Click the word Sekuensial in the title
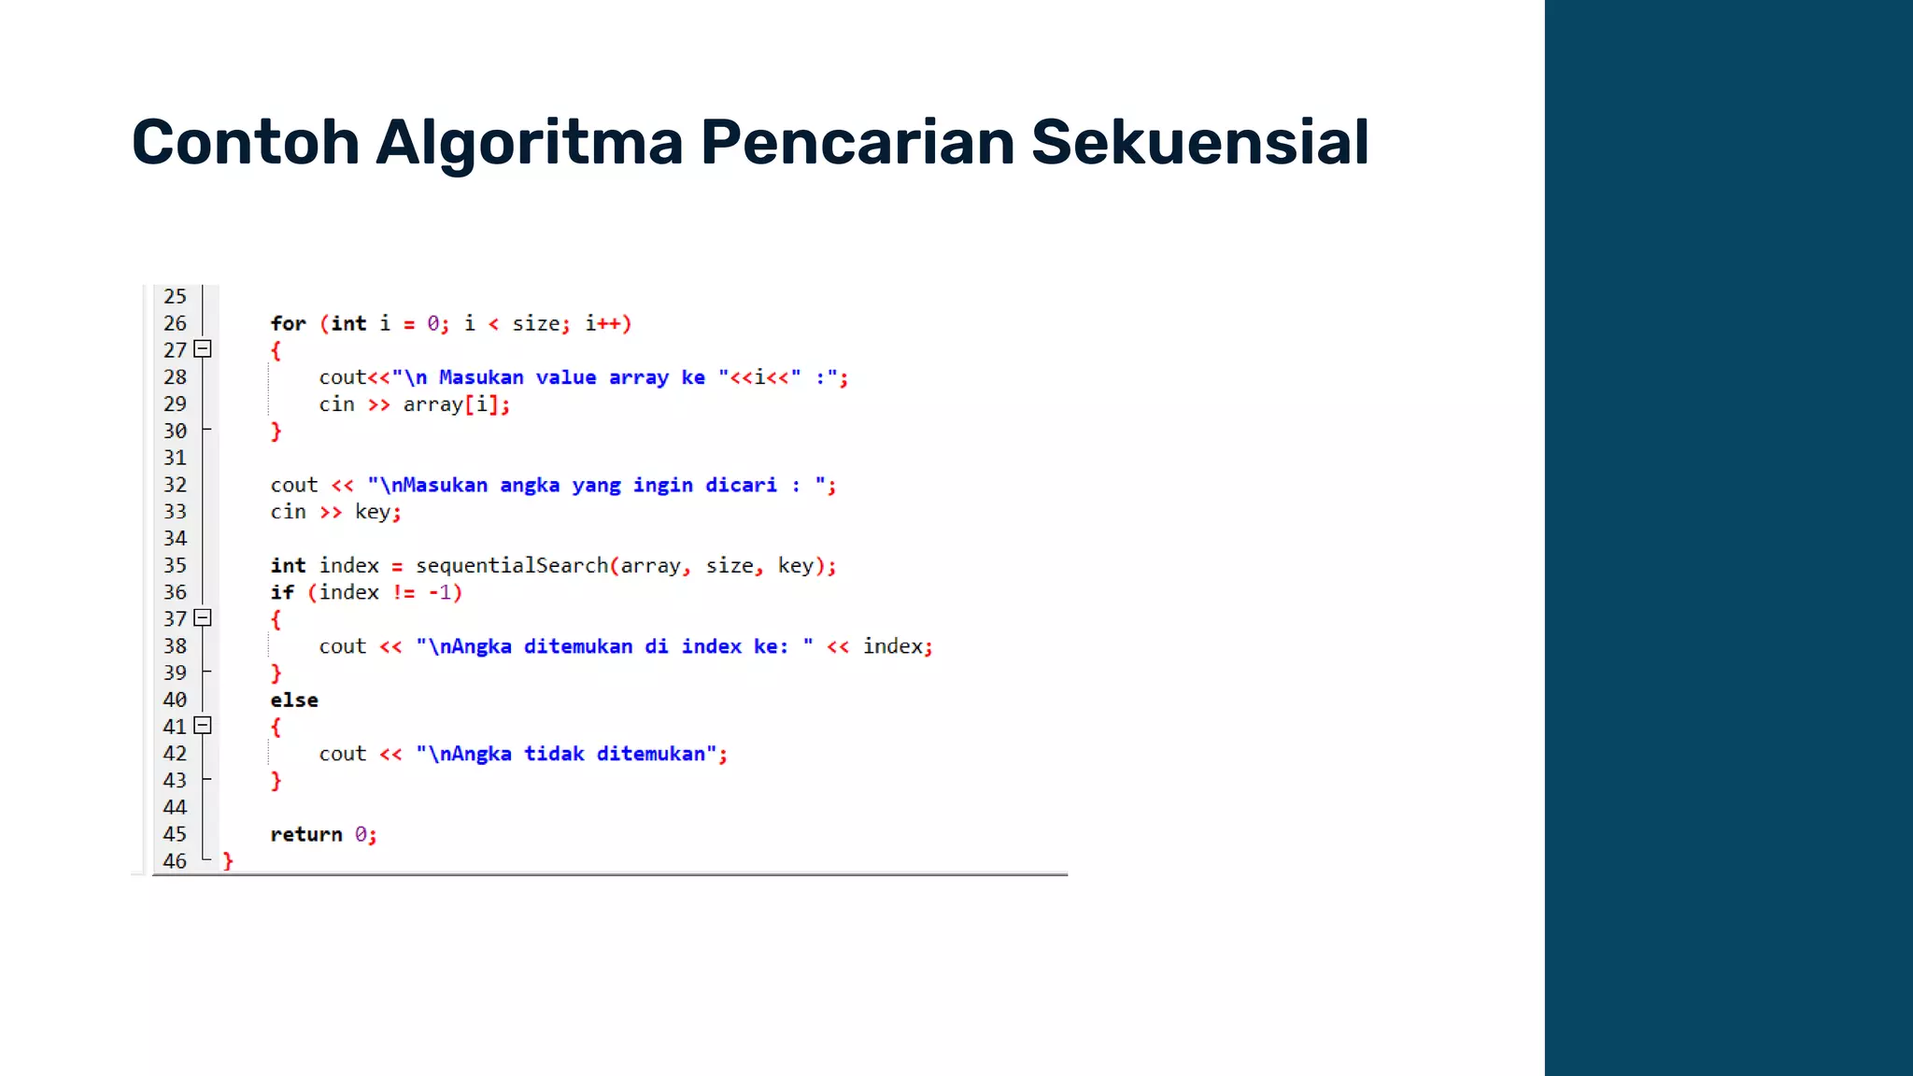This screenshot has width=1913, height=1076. coord(1199,143)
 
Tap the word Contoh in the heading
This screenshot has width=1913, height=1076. coord(245,143)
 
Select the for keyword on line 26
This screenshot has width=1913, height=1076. coord(288,323)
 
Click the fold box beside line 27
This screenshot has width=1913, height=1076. coord(203,349)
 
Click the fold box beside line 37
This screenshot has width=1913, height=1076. coord(203,618)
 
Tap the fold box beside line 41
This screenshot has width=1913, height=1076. coord(203,726)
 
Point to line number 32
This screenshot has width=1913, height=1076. coord(175,485)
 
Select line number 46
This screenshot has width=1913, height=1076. coord(175,861)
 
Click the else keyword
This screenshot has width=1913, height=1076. coord(294,700)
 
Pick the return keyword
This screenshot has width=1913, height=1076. coord(306,834)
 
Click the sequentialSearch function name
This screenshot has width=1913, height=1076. coord(512,565)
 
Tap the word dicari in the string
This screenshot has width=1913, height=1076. coord(741,485)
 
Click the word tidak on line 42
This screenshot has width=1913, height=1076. coord(554,754)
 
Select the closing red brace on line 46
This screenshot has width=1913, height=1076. coord(228,861)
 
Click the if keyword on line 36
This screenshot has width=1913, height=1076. coord(282,592)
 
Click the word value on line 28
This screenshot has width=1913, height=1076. coord(566,377)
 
